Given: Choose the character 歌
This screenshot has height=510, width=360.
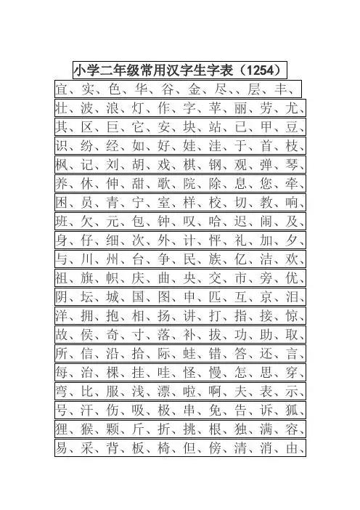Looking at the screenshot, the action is pos(167,185).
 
